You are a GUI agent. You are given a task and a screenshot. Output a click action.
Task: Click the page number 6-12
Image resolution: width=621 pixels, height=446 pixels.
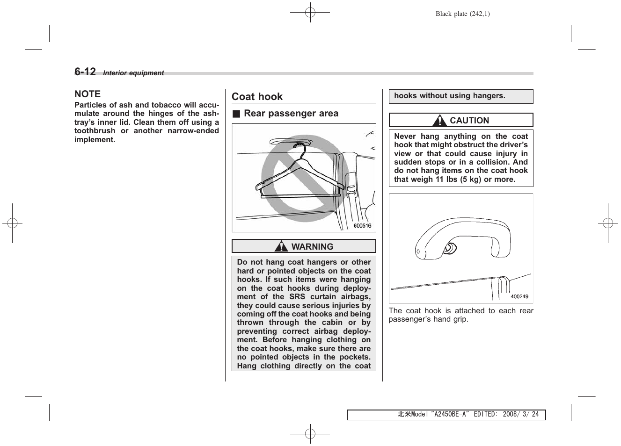(85, 72)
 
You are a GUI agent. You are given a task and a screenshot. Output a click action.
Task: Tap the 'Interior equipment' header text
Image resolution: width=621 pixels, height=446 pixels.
(133, 73)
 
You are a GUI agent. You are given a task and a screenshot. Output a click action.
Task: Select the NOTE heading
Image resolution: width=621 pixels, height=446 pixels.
(88, 94)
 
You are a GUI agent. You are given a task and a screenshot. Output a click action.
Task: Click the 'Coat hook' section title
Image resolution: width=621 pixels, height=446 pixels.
(257, 97)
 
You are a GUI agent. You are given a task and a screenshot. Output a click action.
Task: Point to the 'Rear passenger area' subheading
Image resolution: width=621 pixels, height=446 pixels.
(291, 114)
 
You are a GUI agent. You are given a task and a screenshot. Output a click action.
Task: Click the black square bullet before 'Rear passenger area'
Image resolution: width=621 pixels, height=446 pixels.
(236, 114)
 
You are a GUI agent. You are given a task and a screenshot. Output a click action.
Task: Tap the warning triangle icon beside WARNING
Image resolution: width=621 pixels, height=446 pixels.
(281, 246)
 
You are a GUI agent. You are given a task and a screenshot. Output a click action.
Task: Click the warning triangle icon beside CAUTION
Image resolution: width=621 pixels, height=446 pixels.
(439, 121)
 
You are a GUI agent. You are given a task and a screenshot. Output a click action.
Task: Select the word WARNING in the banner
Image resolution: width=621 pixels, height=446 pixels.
(312, 247)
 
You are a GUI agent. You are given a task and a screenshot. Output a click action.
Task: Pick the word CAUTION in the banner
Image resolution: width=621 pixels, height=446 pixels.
(469, 121)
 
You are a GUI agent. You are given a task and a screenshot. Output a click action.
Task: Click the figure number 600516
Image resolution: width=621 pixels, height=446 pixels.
(362, 226)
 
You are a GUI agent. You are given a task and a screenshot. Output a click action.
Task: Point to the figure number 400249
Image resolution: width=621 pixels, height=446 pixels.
(519, 296)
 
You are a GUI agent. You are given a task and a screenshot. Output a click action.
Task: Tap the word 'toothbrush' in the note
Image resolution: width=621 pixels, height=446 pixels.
(95, 131)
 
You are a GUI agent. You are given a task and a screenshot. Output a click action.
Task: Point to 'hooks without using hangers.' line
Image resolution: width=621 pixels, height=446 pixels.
(449, 96)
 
